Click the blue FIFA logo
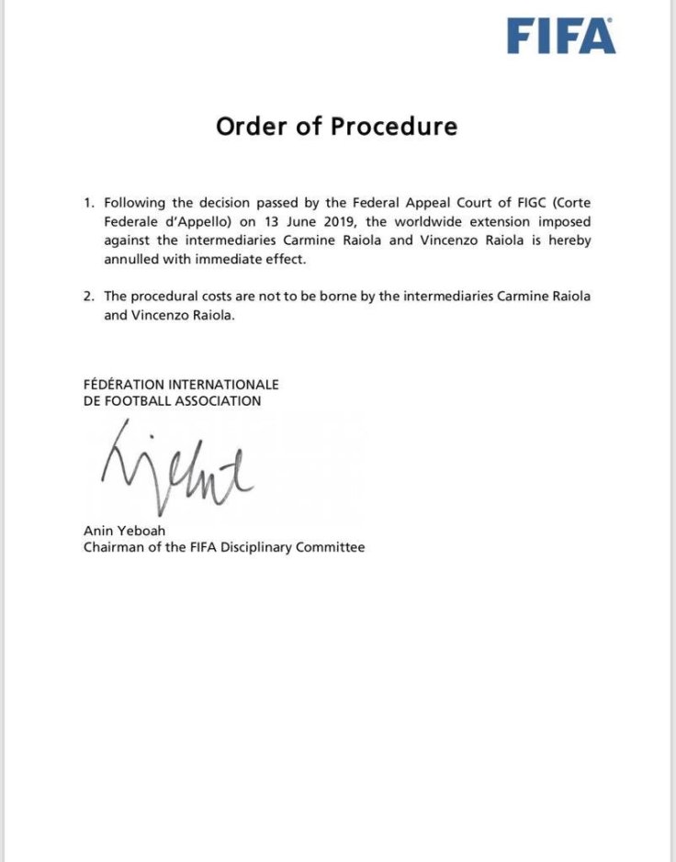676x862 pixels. coord(561,37)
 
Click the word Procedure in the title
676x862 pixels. coord(394,126)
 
